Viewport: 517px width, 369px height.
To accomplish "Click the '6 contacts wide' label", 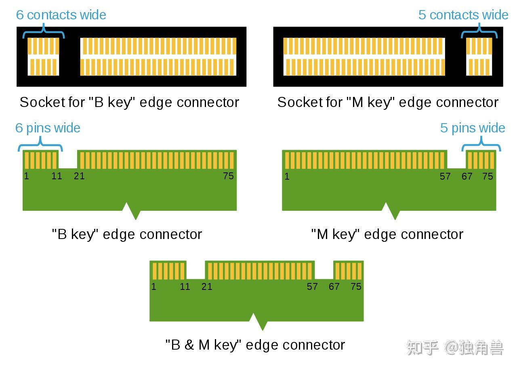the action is point(61,15).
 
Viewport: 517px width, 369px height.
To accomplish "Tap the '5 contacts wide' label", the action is point(463,15).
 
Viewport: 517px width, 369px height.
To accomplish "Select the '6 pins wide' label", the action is point(48,128).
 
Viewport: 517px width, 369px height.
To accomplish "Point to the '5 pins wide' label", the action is point(473,128).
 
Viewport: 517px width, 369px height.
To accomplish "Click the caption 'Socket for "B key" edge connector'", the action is point(129,102).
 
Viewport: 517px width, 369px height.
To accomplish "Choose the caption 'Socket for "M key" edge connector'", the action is point(388,102).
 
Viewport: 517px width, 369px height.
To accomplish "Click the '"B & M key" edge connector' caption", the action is point(255,345).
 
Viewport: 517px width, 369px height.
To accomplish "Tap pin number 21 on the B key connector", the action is point(79,176).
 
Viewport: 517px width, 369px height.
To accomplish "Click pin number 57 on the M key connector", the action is point(445,176).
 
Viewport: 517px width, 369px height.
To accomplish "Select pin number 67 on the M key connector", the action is point(467,176).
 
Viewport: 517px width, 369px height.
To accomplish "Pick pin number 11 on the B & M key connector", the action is point(185,287).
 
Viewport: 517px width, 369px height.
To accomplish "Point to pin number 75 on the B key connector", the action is point(228,176).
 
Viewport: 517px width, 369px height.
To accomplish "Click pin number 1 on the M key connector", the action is point(287,176).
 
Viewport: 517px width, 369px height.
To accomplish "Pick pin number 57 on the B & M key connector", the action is point(312,287).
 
